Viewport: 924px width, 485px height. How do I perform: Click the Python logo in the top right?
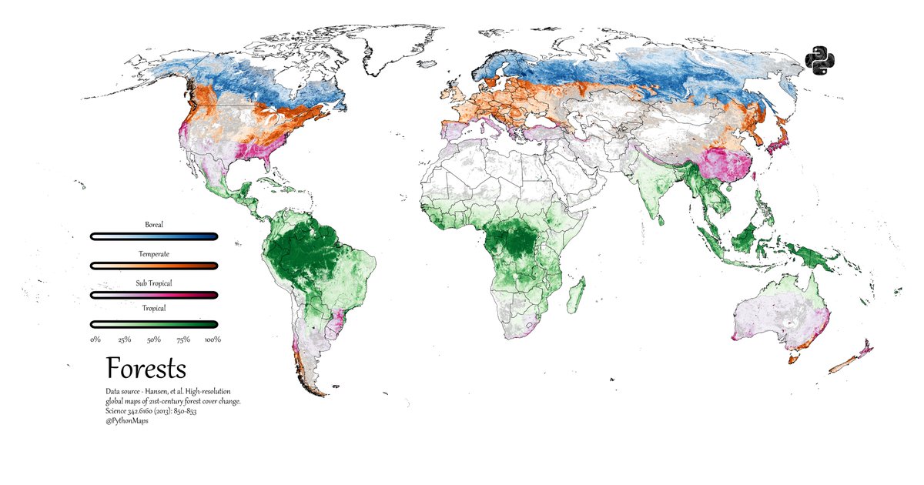coord(820,62)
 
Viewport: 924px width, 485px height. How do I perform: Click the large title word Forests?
coord(146,369)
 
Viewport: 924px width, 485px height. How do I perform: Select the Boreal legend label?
coord(154,225)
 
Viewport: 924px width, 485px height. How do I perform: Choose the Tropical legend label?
coord(154,309)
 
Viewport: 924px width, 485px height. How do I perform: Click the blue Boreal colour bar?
coord(154,236)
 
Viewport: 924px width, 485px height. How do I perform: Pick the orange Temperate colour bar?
coord(154,266)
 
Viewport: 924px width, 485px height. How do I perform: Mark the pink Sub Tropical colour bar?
coord(154,295)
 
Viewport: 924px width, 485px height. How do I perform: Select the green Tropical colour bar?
coord(154,324)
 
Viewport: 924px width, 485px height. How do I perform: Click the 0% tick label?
coord(95,339)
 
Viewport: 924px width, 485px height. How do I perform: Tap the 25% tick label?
coord(125,339)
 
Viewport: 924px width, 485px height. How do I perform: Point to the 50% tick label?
coord(154,339)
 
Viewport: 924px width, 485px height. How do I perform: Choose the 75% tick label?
coord(183,339)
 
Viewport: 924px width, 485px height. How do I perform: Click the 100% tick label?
coord(213,339)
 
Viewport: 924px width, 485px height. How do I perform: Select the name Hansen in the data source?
coord(157,392)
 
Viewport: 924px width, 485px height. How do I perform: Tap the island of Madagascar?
coord(574,296)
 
